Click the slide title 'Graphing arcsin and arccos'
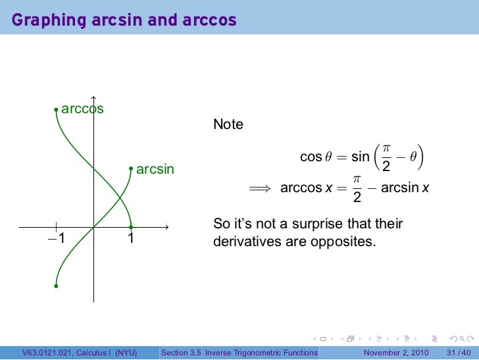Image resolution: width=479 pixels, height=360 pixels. [124, 21]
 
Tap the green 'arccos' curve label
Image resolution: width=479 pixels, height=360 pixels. [82, 109]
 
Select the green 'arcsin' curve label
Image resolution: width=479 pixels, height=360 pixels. [155, 170]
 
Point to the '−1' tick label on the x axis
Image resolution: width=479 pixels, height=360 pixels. [57, 238]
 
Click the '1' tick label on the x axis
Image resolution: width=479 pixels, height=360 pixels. [131, 238]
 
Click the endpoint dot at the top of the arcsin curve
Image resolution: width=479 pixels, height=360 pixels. [132, 169]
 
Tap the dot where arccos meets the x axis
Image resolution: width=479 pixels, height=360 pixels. [132, 228]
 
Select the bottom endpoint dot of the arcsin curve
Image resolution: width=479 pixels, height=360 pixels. [57, 286]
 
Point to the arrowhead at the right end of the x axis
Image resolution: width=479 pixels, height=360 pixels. [168, 228]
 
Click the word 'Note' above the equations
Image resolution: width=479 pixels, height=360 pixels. [228, 124]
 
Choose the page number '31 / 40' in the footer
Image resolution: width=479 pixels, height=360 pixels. [458, 353]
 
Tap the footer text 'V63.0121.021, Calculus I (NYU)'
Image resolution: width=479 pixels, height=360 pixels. [79, 353]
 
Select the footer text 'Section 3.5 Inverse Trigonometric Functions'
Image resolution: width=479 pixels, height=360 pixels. [239, 353]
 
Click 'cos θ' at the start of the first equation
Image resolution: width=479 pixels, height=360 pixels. [311, 157]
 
